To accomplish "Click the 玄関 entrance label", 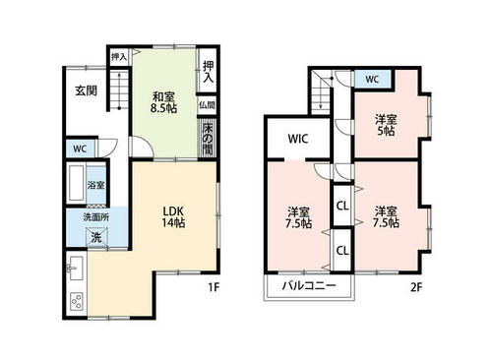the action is pyautogui.click(x=87, y=90).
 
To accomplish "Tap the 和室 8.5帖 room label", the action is pyautogui.click(x=163, y=102).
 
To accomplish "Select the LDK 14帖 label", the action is pyautogui.click(x=173, y=216).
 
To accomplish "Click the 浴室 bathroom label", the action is pyautogui.click(x=95, y=185).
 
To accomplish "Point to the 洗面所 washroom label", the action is pyautogui.click(x=96, y=217).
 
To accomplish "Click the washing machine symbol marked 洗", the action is pyautogui.click(x=96, y=237).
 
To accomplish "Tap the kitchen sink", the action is pyautogui.click(x=76, y=269).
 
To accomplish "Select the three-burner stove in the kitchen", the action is pyautogui.click(x=77, y=302).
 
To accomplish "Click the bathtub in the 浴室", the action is pyautogui.click(x=77, y=183).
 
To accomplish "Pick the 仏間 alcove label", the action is pyautogui.click(x=207, y=105).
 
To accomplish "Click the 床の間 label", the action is pyautogui.click(x=208, y=139).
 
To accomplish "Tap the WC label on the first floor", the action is pyautogui.click(x=80, y=149).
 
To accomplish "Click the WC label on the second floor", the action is pyautogui.click(x=372, y=79).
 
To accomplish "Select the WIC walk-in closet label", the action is pyautogui.click(x=298, y=139).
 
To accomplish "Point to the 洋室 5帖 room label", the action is pyautogui.click(x=386, y=125).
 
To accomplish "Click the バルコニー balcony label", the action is pyautogui.click(x=309, y=286).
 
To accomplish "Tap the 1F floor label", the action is pyautogui.click(x=214, y=287).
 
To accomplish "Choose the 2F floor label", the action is pyautogui.click(x=416, y=287).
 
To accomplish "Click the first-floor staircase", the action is pyautogui.click(x=119, y=90).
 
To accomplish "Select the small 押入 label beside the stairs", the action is pyautogui.click(x=119, y=57).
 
